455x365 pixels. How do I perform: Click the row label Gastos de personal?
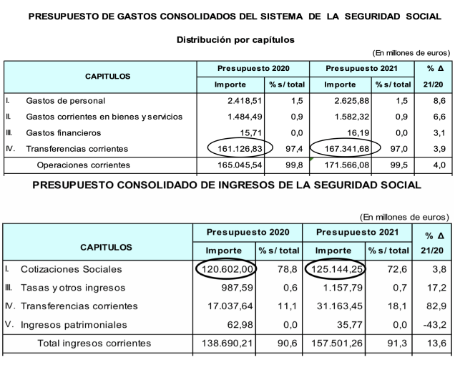point(65,101)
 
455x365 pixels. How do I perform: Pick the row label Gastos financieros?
point(64,132)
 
